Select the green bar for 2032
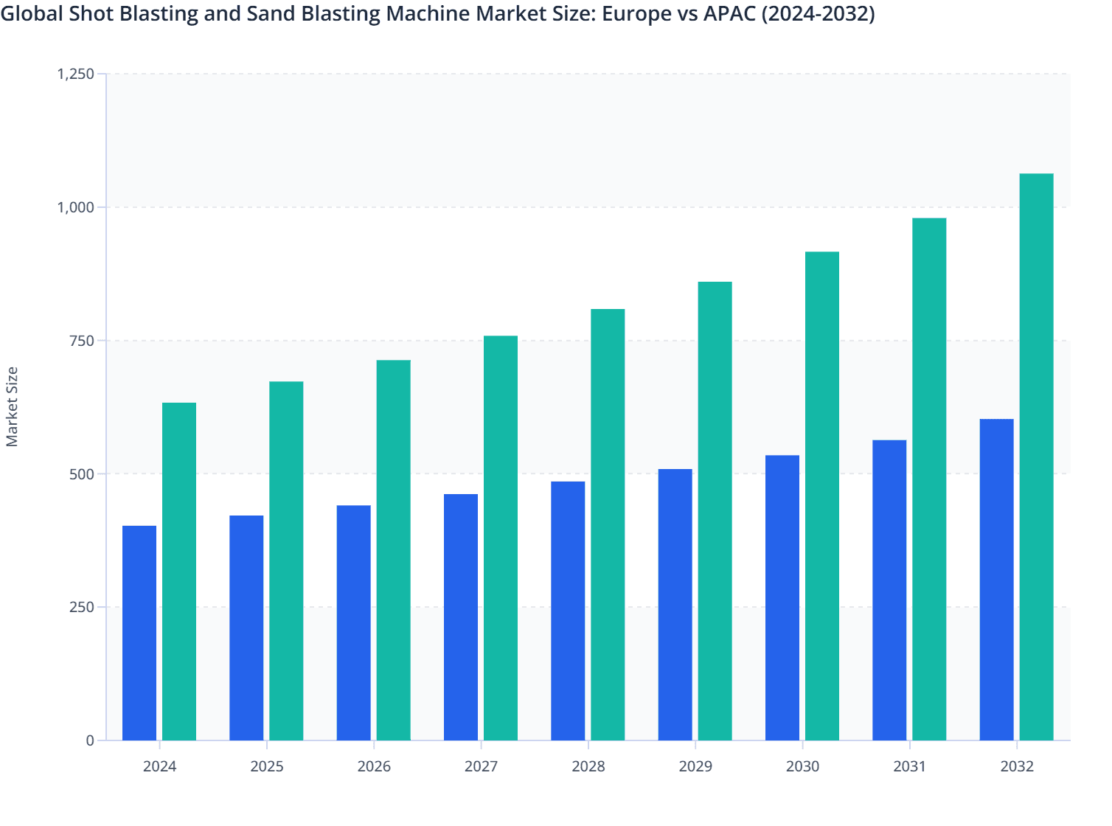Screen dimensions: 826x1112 click(x=1036, y=457)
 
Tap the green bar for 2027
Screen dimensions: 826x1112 click(x=501, y=538)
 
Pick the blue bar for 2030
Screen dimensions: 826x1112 click(x=782, y=597)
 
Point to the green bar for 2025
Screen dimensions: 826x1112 click(x=286, y=560)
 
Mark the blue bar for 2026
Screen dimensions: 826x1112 click(x=353, y=622)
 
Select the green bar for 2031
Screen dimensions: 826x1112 click(x=929, y=479)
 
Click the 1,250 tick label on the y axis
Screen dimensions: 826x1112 click(x=76, y=74)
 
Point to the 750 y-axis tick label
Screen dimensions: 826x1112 click(x=82, y=341)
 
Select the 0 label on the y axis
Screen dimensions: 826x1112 click(x=90, y=740)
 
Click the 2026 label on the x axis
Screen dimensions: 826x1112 click(x=374, y=766)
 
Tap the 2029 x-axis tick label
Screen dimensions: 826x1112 click(x=695, y=766)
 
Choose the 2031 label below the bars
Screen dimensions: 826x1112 click(x=910, y=766)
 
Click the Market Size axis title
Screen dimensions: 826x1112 click(x=12, y=406)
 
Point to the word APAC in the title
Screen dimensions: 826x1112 click(x=729, y=14)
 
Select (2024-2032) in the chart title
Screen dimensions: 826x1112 click(x=818, y=14)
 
